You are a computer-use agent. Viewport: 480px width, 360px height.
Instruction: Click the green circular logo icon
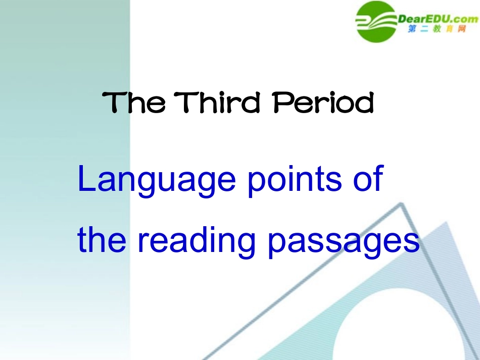pos(376,21)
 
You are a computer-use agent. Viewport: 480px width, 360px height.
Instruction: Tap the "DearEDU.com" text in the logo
pos(438,19)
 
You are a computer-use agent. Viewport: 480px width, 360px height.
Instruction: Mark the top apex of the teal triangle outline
pos(402,205)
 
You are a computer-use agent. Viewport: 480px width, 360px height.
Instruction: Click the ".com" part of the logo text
pos(464,19)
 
